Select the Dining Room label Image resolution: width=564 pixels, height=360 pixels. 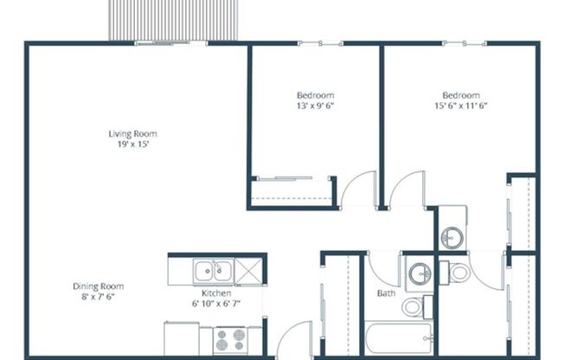(98, 286)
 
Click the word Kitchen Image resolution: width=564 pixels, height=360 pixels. (210, 293)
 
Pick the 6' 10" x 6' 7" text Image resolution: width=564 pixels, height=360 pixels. (210, 304)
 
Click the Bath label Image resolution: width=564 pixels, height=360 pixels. (386, 293)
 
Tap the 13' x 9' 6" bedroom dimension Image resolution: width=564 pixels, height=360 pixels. (315, 106)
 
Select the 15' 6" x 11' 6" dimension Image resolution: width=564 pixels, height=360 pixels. (460, 106)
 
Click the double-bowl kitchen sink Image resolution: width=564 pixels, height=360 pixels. (212, 272)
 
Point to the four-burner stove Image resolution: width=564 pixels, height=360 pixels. (230, 338)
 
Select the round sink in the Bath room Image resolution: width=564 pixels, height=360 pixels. (420, 272)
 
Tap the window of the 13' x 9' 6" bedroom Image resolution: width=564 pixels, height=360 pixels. (315, 42)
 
